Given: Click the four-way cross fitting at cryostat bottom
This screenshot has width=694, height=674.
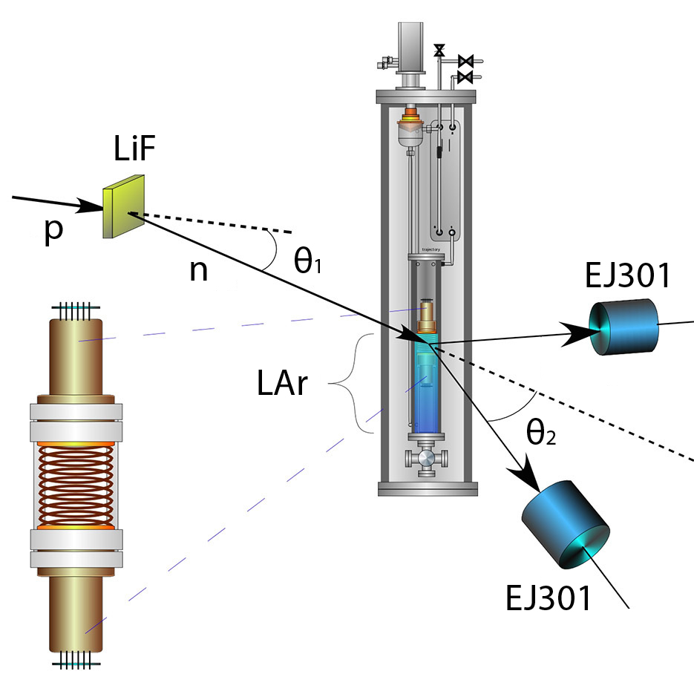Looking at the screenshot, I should point(426,460).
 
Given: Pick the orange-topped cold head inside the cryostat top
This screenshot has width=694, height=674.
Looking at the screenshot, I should point(408,119).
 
